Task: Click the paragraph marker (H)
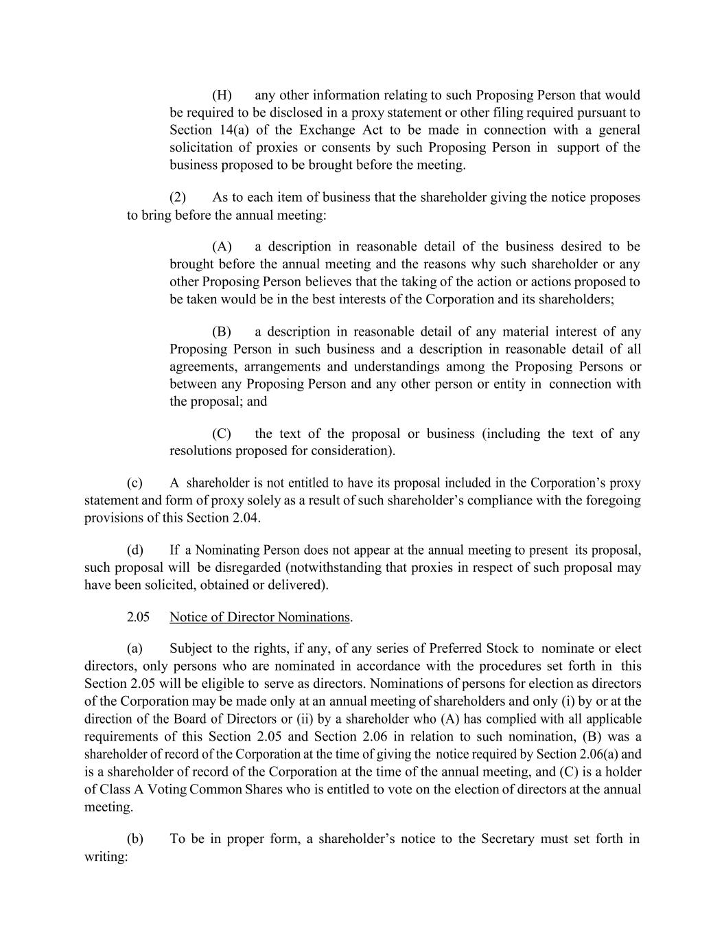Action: pos(222,95)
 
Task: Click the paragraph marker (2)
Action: pos(178,198)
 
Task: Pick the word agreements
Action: pos(202,367)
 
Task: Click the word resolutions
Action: pos(200,451)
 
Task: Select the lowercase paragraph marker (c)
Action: pos(135,483)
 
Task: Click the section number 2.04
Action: pos(246,518)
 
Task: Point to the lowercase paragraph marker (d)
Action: pos(135,550)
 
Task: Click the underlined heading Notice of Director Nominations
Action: pos(259,616)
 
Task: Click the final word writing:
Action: pos(106,856)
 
